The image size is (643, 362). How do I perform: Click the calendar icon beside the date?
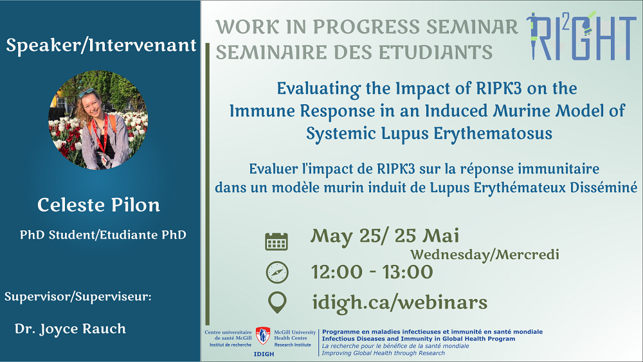tap(276, 242)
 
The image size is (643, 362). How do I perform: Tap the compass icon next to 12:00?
tap(277, 272)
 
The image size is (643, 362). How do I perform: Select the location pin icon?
tap(277, 303)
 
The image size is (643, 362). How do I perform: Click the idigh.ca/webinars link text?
tap(400, 303)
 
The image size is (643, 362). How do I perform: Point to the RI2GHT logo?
tap(581, 36)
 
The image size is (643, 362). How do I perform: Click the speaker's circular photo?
tap(98, 120)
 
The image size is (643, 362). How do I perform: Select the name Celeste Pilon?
tap(99, 205)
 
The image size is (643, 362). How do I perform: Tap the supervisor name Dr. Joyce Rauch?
tap(70, 329)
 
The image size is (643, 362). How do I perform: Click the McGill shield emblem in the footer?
tap(263, 336)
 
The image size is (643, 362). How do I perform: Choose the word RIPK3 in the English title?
tap(499, 88)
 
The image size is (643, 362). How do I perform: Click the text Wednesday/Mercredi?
tap(485, 255)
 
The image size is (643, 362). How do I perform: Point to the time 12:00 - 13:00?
tap(372, 272)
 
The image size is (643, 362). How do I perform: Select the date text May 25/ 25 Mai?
tap(385, 236)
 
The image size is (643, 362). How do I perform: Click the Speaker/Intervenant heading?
tap(101, 45)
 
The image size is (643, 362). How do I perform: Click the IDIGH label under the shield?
tap(264, 354)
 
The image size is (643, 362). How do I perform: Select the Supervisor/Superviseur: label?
tap(78, 296)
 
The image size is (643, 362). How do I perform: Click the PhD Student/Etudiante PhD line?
tap(103, 235)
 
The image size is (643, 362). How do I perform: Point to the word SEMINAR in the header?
tap(472, 27)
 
